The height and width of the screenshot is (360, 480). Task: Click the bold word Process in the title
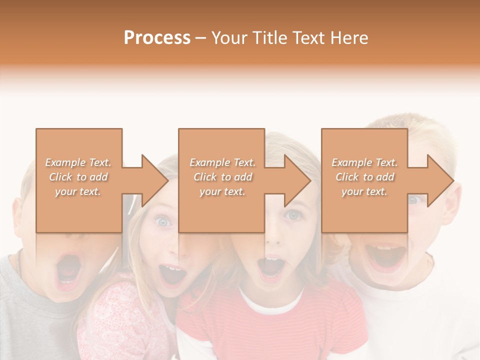pos(157,38)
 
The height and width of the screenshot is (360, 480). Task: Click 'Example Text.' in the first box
pos(78,162)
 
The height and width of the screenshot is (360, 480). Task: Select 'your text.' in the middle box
pos(222,191)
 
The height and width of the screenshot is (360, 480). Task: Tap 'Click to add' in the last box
pos(365,177)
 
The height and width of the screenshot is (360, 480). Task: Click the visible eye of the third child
pos(293,215)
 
